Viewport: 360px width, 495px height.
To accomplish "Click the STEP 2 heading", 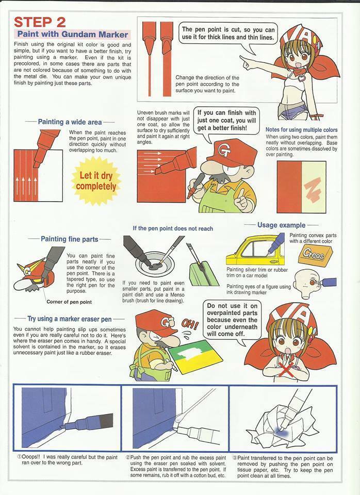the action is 40,22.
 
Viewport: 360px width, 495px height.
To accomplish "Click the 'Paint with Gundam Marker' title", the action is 72,34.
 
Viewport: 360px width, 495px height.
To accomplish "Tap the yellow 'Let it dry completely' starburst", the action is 96,181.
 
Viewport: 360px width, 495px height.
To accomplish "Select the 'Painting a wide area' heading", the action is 70,122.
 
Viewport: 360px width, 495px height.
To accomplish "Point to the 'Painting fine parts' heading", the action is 70,239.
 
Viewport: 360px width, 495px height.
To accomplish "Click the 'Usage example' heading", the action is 282,225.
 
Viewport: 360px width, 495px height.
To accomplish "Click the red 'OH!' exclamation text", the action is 190,324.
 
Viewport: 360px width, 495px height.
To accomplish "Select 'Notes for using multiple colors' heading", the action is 301,130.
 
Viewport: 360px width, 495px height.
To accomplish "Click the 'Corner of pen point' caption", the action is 69,302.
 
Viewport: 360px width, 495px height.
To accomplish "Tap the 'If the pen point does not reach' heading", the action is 173,228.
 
